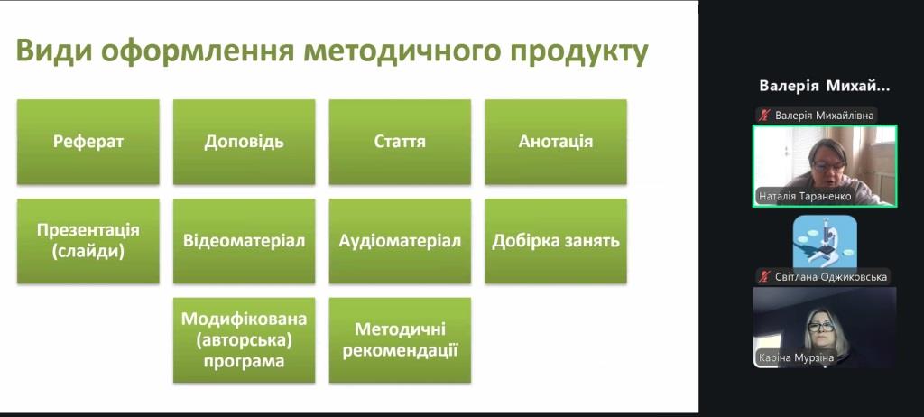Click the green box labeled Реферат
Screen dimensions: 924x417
pos(88,142)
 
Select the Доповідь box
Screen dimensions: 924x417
pos(244,142)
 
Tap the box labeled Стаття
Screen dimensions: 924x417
pos(400,142)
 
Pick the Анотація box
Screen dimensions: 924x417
pos(556,142)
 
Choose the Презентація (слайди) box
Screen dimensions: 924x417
pos(88,241)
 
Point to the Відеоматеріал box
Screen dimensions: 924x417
pos(244,241)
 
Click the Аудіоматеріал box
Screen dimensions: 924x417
pos(400,241)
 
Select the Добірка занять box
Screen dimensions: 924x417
pos(556,241)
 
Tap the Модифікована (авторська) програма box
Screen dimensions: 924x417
pos(244,340)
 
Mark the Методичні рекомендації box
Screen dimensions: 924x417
pos(400,340)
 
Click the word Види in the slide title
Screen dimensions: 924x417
pos(54,51)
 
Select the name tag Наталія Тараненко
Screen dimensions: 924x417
pos(805,197)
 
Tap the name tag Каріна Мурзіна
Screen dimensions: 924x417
pos(796,358)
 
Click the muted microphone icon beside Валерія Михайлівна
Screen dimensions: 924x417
pos(765,115)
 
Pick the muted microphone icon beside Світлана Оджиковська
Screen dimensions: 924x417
pos(765,276)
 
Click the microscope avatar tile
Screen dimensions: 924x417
pos(825,241)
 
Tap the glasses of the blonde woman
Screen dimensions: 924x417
pos(821,326)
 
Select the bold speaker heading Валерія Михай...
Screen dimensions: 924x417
pos(825,86)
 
